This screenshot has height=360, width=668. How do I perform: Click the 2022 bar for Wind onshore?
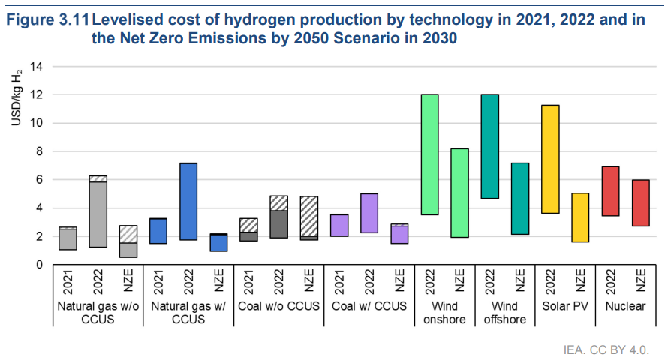click(x=429, y=154)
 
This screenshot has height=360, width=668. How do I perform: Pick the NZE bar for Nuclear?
click(x=641, y=202)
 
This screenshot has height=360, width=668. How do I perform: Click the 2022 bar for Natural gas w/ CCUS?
click(x=188, y=201)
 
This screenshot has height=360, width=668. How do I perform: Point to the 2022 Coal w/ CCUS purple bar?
click(x=369, y=213)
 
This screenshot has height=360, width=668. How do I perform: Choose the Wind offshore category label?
click(x=504, y=313)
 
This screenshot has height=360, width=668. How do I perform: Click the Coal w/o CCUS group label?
click(x=278, y=306)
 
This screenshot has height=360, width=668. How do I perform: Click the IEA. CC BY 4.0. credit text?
click(x=605, y=349)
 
